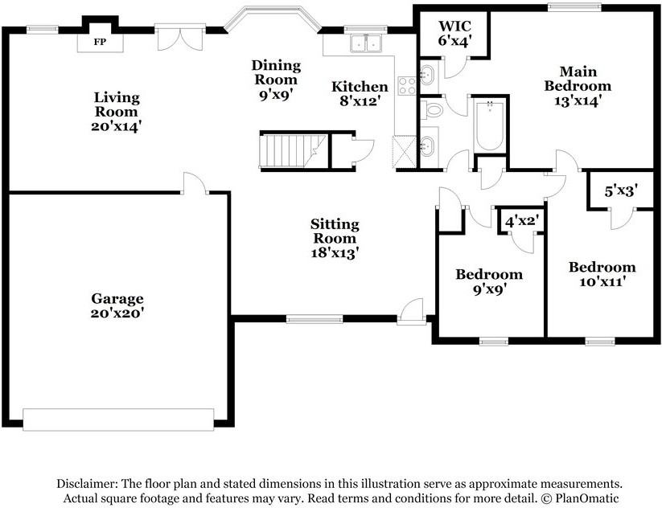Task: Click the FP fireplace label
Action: point(100,42)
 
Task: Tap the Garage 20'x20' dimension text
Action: point(117,313)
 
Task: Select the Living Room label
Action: point(117,104)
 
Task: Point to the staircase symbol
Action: point(293,150)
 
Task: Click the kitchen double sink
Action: point(366,43)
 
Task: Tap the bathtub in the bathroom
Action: point(489,125)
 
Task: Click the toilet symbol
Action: point(432,111)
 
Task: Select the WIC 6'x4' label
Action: point(454,33)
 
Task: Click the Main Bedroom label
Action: point(578,79)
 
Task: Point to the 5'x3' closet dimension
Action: point(621,191)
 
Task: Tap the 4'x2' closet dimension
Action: point(521,220)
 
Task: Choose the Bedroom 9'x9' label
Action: point(489,282)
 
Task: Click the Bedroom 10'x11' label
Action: point(602,274)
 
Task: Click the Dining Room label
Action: point(276,72)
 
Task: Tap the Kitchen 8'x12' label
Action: point(360,94)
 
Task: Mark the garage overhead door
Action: point(118,420)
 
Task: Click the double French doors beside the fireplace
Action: point(181,38)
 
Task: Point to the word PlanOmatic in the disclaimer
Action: point(587,498)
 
